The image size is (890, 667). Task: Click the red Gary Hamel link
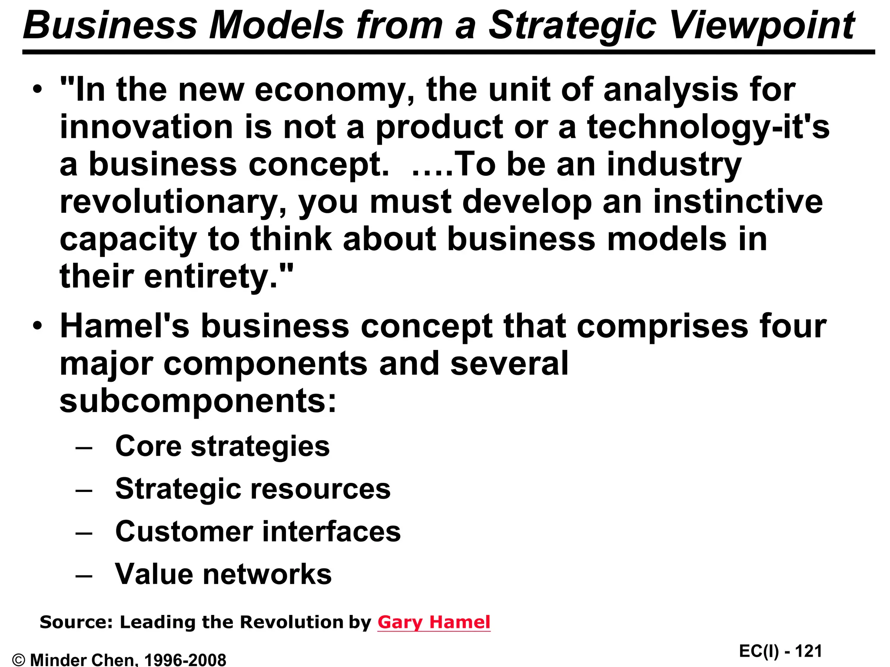pos(434,622)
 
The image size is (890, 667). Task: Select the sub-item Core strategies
pos(222,446)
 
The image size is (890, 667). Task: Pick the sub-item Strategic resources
pos(253,489)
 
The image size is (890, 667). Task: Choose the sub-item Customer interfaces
pos(258,531)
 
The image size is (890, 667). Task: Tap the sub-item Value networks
pos(223,574)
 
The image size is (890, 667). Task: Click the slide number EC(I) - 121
pos(780,651)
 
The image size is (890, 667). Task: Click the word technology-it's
pos(708,128)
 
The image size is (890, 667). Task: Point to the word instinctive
pos(738,201)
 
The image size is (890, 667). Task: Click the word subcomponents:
pos(198,400)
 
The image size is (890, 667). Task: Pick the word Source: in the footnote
pos(76,622)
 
